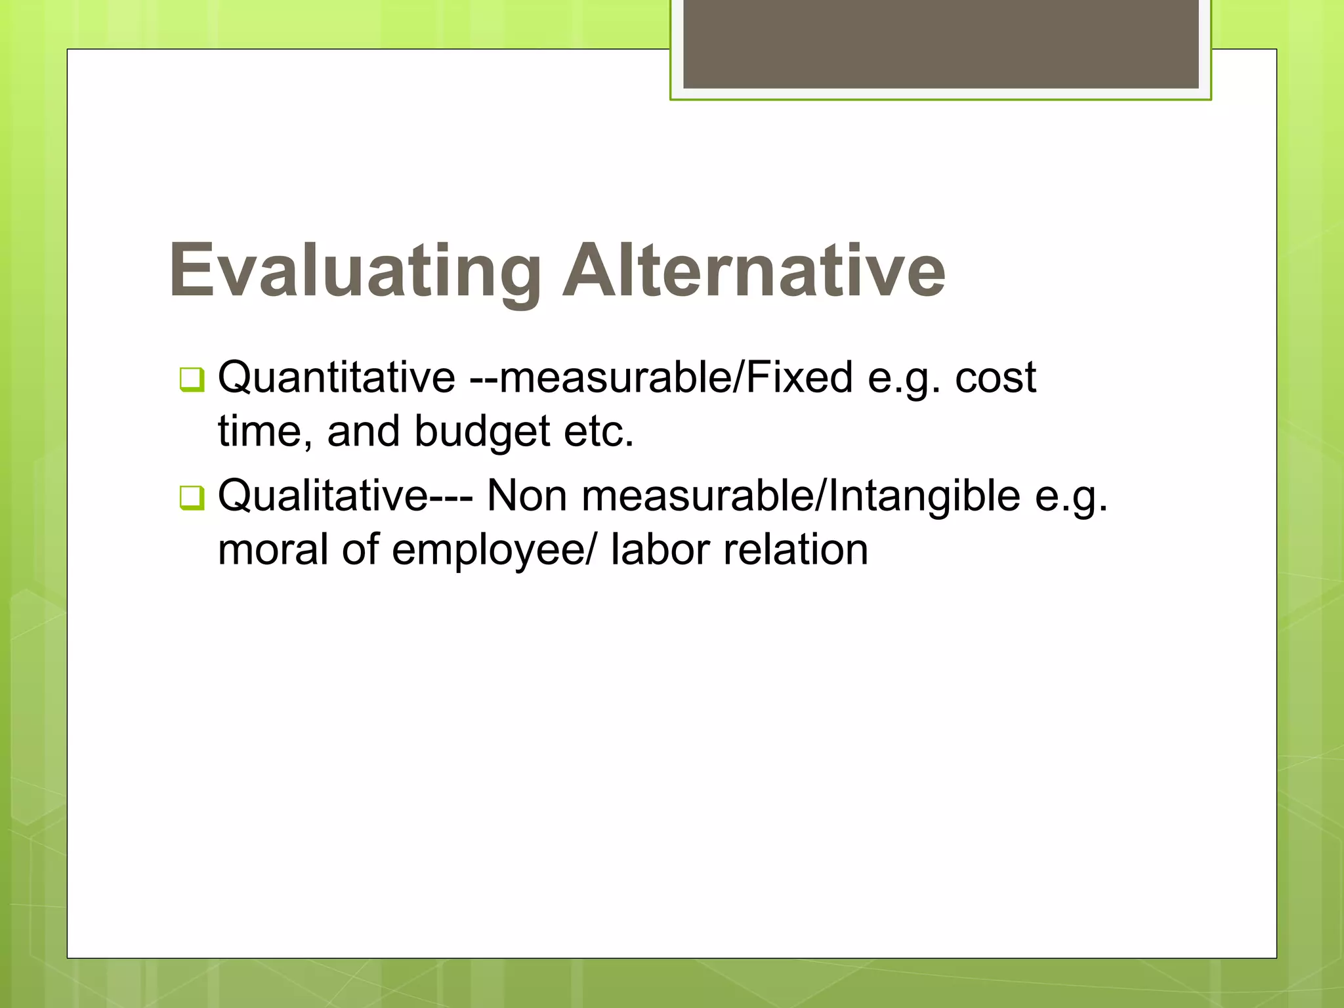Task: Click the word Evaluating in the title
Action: click(x=355, y=271)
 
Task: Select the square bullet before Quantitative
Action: click(x=192, y=379)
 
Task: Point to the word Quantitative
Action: click(x=337, y=377)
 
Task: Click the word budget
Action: click(x=482, y=432)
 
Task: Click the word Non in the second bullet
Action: click(x=526, y=495)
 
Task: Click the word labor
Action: click(x=660, y=549)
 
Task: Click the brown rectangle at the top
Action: click(x=940, y=43)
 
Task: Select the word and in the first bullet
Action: click(x=363, y=432)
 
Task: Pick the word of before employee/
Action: click(x=360, y=549)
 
